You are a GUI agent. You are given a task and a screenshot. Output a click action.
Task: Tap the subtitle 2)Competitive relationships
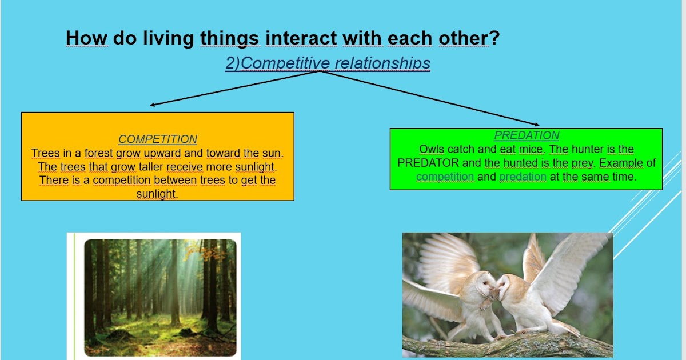coord(328,63)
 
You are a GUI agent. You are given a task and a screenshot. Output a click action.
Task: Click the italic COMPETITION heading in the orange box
coord(158,139)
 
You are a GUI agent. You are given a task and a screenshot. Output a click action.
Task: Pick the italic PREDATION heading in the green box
coord(527,135)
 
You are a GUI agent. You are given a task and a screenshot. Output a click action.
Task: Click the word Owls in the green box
coord(432,149)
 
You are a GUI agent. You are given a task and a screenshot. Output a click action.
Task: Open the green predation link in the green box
coord(523,177)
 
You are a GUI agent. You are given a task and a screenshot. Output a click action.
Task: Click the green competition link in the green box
coord(445,177)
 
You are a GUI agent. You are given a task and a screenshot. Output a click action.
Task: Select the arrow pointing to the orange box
coord(229,89)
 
